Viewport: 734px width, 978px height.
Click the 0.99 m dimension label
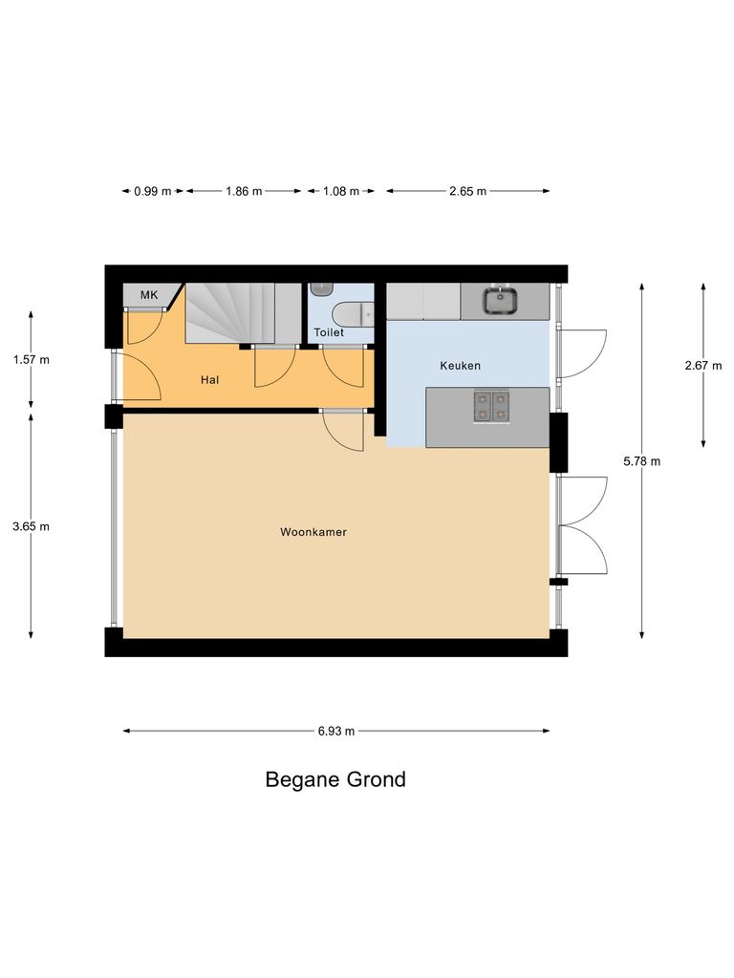[x=152, y=191]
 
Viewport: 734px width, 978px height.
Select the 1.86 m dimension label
[x=244, y=191]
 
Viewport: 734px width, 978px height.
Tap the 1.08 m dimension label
[x=341, y=191]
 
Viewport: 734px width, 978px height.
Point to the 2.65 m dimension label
[x=467, y=191]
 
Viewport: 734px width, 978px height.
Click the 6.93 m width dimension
[x=336, y=732]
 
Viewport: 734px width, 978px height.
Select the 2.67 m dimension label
[x=703, y=365]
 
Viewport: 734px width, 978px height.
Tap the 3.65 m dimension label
[x=32, y=526]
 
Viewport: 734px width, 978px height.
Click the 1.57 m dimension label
[x=32, y=360]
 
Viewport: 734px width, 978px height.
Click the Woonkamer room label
[x=313, y=532]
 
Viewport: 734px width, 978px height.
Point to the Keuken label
[x=460, y=366]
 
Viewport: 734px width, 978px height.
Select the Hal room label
[x=210, y=380]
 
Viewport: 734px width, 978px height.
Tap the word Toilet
[x=329, y=333]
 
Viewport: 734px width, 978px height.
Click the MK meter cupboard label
[x=149, y=295]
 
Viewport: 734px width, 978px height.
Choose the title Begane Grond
[x=335, y=779]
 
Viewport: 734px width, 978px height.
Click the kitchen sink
[x=500, y=301]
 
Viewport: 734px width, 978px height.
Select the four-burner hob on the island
[x=490, y=407]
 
